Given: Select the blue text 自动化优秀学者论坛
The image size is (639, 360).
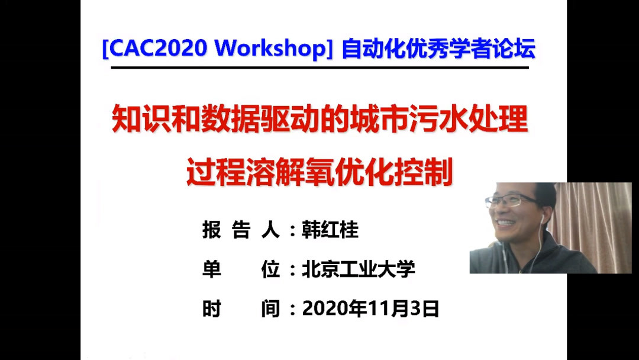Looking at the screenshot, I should pyautogui.click(x=438, y=49).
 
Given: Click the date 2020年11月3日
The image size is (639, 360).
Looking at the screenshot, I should pyautogui.click(x=370, y=308).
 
